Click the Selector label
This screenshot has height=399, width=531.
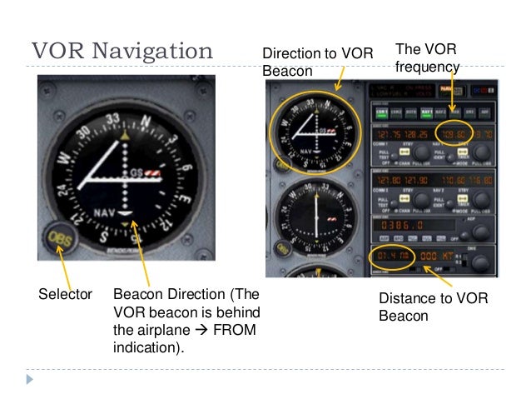[65, 295]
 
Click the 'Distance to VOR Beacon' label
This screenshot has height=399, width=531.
[433, 307]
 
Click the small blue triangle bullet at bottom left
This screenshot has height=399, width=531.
[31, 378]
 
